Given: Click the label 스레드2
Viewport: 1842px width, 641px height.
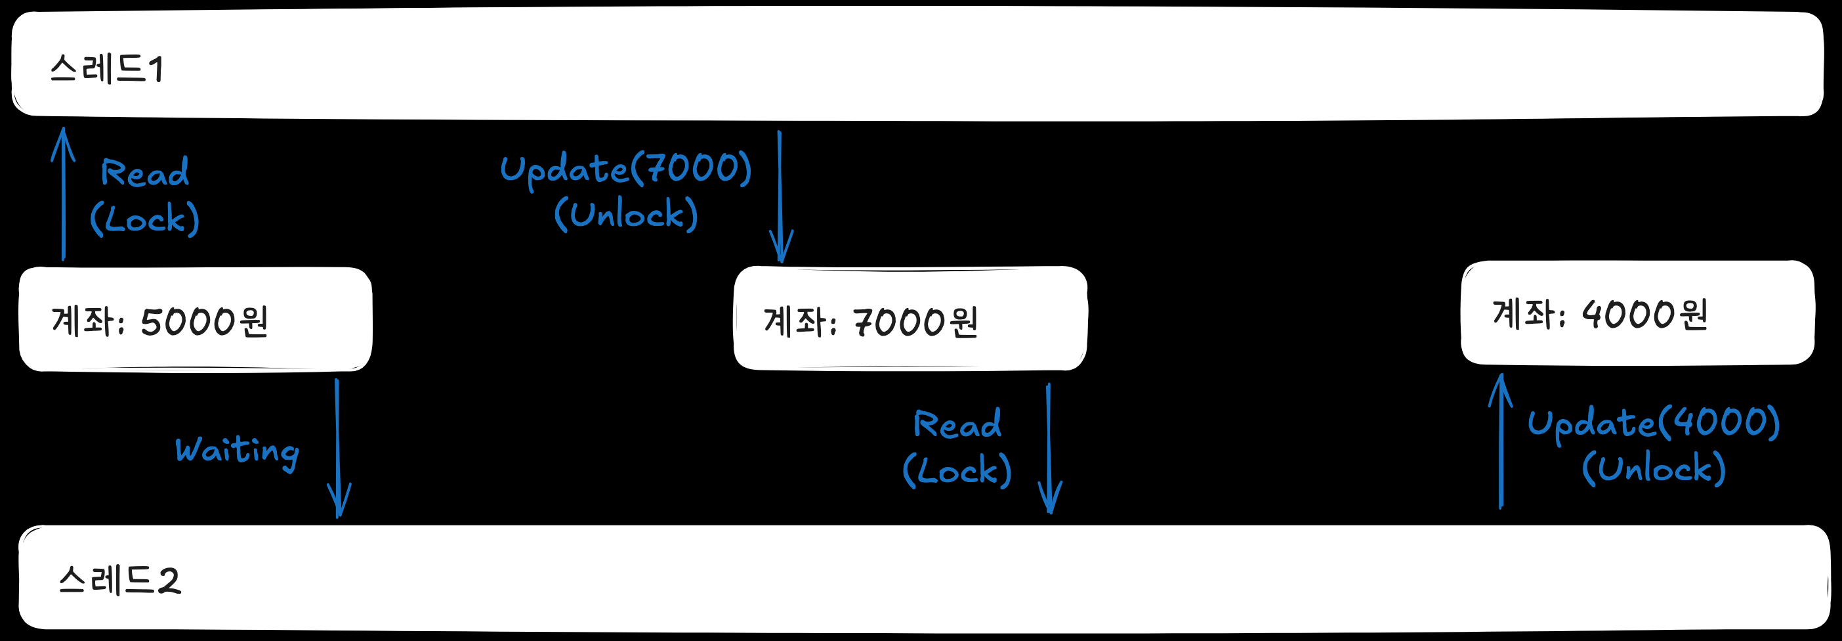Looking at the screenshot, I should click(119, 579).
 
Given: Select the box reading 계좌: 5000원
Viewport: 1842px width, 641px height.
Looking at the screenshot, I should click(195, 320).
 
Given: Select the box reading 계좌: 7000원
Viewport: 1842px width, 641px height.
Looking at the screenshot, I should click(910, 319).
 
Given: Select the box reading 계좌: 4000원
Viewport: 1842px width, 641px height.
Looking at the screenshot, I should click(1637, 313).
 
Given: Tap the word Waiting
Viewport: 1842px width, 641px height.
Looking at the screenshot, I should click(237, 451).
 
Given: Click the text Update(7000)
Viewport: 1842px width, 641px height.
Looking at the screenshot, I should click(625, 169).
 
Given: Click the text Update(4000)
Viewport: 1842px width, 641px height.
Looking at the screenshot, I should click(1653, 423).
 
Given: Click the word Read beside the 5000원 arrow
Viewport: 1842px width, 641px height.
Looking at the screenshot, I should click(145, 173).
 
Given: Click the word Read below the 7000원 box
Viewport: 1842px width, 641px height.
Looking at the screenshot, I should click(957, 425).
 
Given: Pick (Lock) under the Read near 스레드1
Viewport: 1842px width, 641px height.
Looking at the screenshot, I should click(144, 219).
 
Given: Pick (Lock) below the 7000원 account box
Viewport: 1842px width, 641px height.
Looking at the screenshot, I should click(957, 471).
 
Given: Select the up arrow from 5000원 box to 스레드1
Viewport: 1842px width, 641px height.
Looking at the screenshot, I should click(64, 193).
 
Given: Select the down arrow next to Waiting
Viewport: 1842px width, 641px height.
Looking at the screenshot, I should click(337, 447).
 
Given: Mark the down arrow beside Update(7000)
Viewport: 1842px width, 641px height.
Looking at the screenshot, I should click(780, 197).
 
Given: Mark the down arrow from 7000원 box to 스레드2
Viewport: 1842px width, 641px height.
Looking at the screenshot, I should click(1049, 449).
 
